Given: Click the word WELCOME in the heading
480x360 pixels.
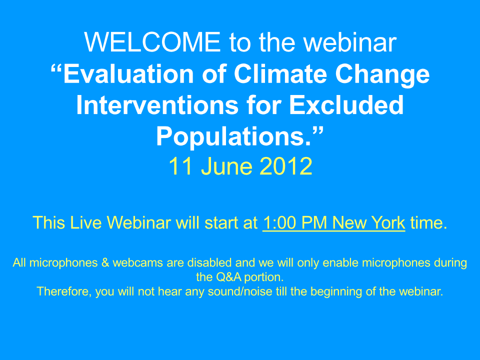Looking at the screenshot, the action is pyautogui.click(x=152, y=42).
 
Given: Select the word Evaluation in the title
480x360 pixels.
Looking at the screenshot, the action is pyautogui.click(x=128, y=74).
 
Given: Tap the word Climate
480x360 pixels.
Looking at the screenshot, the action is pyautogui.click(x=280, y=74).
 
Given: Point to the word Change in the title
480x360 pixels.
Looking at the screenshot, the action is pyautogui.click(x=382, y=76).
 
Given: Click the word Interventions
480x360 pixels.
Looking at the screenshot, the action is pyautogui.click(x=157, y=105).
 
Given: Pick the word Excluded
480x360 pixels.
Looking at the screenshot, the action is pyautogui.click(x=346, y=105).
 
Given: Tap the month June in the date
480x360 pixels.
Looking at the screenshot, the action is pyautogui.click(x=226, y=166).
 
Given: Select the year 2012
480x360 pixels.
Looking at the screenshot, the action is pyautogui.click(x=286, y=166).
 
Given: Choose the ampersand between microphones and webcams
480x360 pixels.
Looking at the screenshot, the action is pyautogui.click(x=105, y=262).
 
